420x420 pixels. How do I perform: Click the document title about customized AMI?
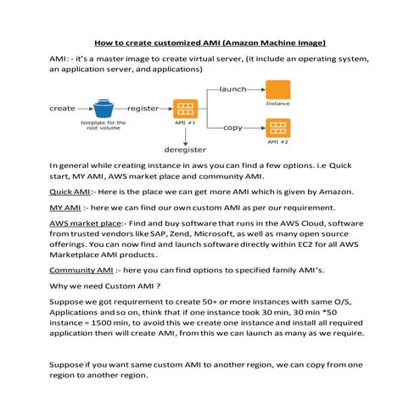pos(210,42)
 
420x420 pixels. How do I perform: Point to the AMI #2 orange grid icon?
pos(277,129)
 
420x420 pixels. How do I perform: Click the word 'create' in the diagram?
pos(62,109)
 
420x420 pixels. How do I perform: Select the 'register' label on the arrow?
pos(145,109)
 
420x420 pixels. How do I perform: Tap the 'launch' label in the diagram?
pos(232,88)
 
